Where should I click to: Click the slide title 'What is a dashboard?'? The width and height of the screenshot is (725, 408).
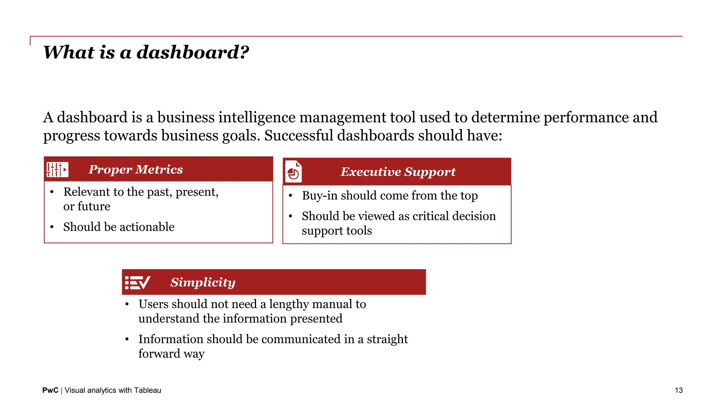point(146,53)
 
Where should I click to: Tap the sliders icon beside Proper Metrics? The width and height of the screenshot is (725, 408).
point(57,170)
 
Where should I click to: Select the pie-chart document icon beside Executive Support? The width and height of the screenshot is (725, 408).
point(293,172)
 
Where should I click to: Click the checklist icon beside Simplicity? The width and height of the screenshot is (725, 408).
point(137,283)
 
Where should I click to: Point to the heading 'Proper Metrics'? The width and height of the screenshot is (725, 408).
point(136,170)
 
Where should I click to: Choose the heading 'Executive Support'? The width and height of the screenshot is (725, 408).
point(398,172)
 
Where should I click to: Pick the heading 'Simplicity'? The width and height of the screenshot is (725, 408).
point(203,282)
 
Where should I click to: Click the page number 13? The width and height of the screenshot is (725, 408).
point(679,390)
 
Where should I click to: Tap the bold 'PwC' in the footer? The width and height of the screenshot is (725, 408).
point(50,390)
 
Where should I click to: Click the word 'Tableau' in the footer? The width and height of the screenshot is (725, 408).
point(148,390)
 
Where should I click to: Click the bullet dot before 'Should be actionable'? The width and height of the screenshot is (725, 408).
point(52,227)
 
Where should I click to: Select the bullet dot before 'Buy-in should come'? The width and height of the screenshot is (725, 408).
point(290,196)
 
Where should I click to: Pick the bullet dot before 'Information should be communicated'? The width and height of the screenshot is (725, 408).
point(127,339)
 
